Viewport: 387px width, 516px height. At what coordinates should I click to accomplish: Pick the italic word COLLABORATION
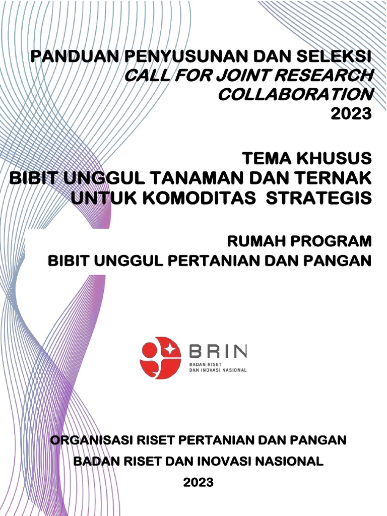tap(295, 95)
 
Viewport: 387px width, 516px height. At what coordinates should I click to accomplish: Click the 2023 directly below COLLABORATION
tap(351, 114)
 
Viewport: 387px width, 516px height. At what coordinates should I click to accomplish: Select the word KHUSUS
tap(334, 159)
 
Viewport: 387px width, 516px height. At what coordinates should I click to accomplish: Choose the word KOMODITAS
tap(200, 198)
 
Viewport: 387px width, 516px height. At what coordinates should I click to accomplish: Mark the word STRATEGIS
tap(318, 198)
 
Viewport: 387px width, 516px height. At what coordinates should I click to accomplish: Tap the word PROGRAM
tap(330, 241)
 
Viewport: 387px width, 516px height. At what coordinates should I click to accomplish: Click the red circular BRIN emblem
tap(160, 358)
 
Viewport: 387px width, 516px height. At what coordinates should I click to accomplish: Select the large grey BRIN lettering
tap(218, 352)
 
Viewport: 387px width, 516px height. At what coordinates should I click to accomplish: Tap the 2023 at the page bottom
tap(198, 482)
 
